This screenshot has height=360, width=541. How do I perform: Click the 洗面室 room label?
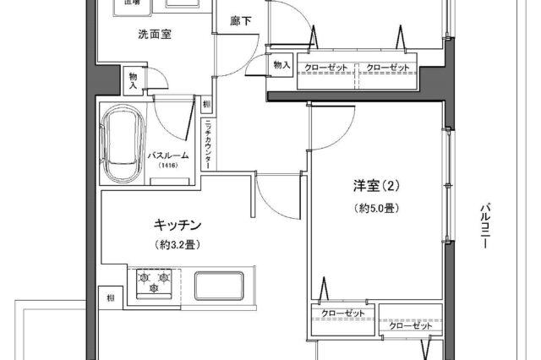(x=155, y=35)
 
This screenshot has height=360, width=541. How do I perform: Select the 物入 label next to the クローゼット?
(x=281, y=65)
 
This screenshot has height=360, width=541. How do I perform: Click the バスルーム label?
(x=168, y=155)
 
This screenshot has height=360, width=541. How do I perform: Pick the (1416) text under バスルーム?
(x=168, y=166)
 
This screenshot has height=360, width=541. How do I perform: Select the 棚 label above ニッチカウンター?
(x=207, y=104)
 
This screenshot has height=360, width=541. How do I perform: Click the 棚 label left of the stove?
(x=110, y=298)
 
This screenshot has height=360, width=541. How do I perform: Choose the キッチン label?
(x=178, y=225)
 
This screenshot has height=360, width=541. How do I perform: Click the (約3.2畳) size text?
(x=178, y=244)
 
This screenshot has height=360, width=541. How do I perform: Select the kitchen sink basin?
(x=218, y=285)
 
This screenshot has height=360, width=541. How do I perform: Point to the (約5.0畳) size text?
(x=376, y=208)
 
